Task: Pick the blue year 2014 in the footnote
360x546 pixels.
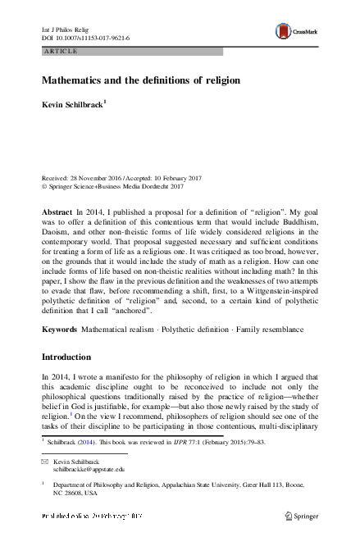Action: tap(92, 441)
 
